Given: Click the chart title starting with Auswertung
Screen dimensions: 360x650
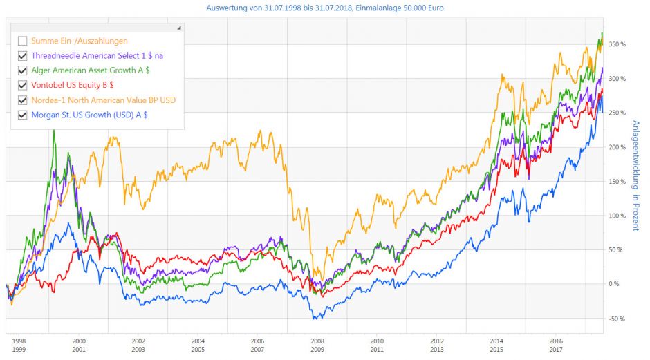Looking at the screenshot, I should [325, 8].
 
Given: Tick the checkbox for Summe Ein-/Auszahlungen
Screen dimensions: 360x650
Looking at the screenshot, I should [23, 41].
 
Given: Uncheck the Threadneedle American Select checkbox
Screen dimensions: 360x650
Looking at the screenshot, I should [23, 55].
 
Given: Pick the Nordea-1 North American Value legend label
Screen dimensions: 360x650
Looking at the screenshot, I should [103, 100].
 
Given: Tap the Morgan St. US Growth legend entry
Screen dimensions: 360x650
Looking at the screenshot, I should [89, 115].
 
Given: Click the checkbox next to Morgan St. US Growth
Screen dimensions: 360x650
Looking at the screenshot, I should [23, 115].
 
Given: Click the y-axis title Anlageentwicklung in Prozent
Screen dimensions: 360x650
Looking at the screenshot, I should [635, 176].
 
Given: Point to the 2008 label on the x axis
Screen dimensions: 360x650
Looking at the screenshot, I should [317, 341].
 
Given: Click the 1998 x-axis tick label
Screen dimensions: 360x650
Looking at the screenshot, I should [19, 341].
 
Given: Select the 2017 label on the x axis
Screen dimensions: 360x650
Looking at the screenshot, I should [555, 350].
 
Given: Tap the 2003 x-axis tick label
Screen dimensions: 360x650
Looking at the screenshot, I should [138, 350].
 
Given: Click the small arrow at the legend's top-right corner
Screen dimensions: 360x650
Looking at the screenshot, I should [179, 28].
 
